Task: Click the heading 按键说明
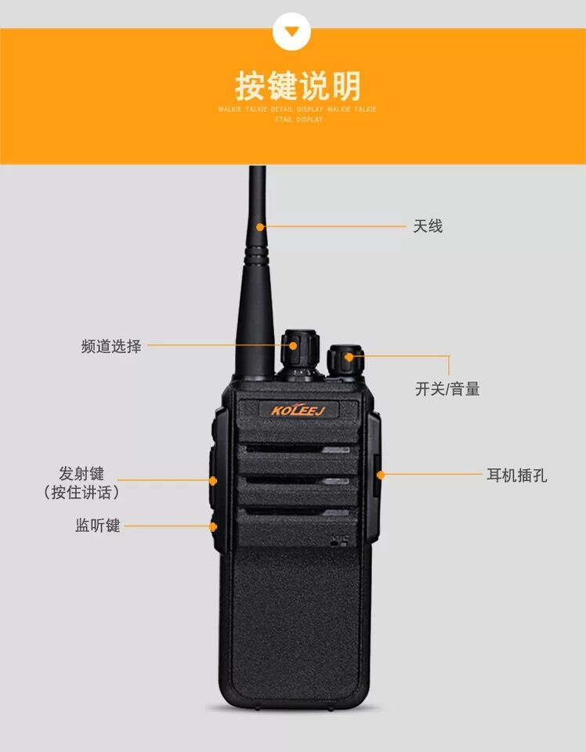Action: click(298, 86)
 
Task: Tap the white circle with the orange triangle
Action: click(291, 31)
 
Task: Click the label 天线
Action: click(428, 226)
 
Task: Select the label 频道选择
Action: click(111, 345)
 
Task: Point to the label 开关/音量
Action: click(447, 389)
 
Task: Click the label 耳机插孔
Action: click(517, 475)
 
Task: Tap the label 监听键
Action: click(97, 525)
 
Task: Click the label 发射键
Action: click(81, 473)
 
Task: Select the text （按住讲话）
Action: click(81, 492)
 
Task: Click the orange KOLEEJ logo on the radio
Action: click(298, 410)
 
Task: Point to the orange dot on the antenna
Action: click(260, 226)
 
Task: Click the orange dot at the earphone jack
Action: click(380, 475)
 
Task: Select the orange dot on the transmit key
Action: click(213, 480)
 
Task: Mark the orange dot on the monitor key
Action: click(213, 526)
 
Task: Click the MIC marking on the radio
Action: click(340, 540)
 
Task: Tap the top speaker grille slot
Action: click(298, 450)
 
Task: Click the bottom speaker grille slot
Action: click(298, 512)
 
